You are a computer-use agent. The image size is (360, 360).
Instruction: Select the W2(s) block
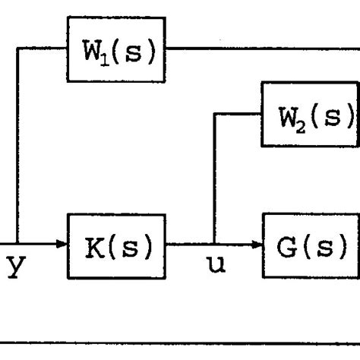coord(311,115)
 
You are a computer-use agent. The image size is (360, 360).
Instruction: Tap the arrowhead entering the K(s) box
coord(63,245)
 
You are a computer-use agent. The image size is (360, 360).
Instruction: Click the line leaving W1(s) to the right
coord(258,49)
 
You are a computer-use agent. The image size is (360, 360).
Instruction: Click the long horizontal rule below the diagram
coord(180,339)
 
